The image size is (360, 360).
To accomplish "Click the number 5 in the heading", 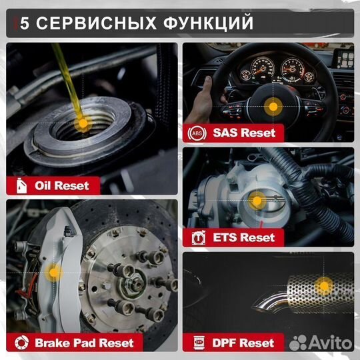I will [25, 23].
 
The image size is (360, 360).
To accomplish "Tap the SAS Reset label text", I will [244, 131].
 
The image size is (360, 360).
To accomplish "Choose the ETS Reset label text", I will [244, 237].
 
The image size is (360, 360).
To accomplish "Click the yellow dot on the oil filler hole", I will [81, 123].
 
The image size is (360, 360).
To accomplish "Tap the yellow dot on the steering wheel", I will [271, 106].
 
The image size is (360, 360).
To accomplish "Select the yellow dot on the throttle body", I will [257, 200].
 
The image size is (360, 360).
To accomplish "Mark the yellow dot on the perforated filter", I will [323, 286].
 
